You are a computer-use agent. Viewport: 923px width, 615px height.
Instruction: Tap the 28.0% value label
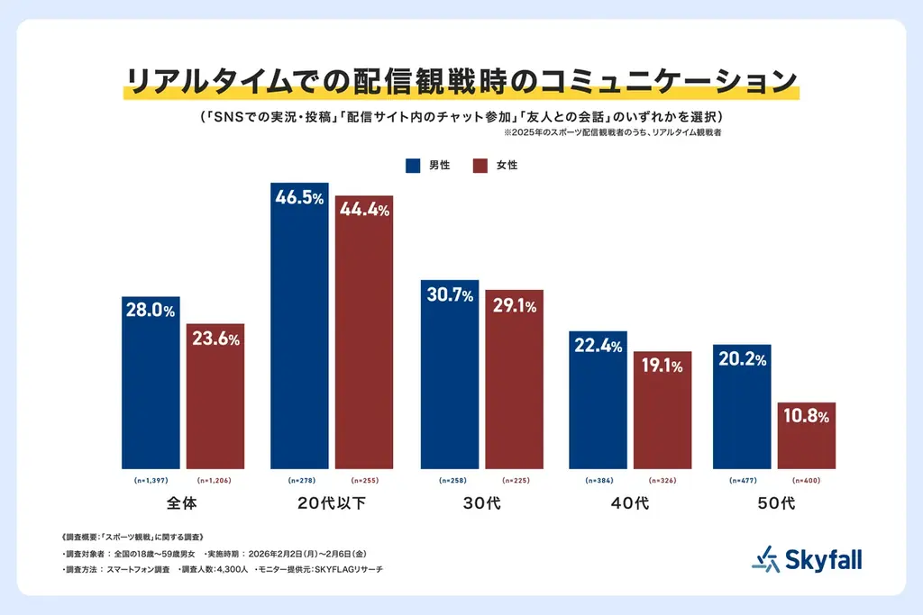pyautogui.click(x=151, y=311)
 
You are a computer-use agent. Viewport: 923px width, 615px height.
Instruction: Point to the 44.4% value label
pyautogui.click(x=364, y=211)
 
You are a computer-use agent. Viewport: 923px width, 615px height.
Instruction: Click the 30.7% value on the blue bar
pyautogui.click(x=449, y=294)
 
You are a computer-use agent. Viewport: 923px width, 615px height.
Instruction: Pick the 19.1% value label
pyautogui.click(x=662, y=366)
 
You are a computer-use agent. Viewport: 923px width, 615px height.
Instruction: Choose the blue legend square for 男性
pyautogui.click(x=414, y=166)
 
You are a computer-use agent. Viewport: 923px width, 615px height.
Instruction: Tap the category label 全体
pyautogui.click(x=183, y=502)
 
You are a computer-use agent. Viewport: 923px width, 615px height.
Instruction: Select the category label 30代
pyautogui.click(x=482, y=502)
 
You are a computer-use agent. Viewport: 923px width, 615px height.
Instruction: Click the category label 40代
pyautogui.click(x=630, y=502)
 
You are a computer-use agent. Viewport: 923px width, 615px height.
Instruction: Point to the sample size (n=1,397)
pyautogui.click(x=151, y=481)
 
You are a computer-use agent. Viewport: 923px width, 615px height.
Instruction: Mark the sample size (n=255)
pyautogui.click(x=364, y=481)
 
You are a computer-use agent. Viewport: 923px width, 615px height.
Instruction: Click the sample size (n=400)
pyautogui.click(x=806, y=481)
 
